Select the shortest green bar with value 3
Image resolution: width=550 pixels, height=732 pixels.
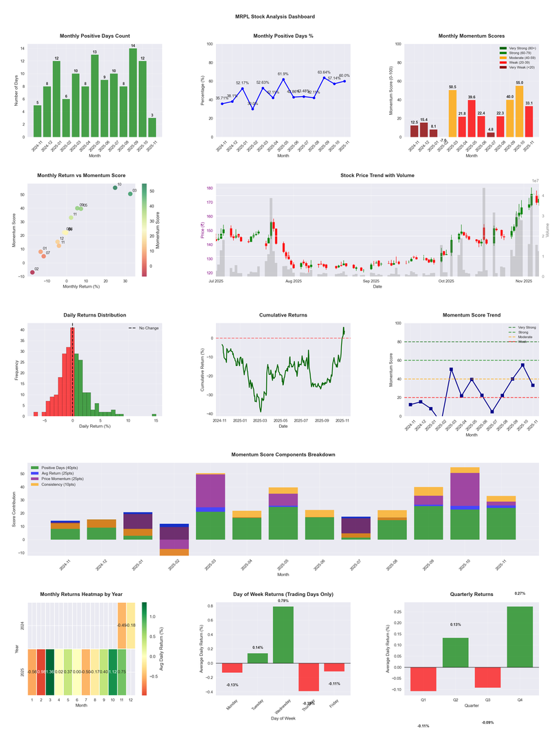152,128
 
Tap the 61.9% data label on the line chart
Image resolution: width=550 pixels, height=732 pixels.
283,73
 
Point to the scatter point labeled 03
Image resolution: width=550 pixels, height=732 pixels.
130,194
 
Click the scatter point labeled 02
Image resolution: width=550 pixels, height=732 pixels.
32,273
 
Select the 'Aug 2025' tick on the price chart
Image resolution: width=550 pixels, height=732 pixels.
294,281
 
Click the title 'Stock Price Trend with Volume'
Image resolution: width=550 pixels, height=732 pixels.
372,176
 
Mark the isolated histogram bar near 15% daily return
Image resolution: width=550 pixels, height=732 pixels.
154,415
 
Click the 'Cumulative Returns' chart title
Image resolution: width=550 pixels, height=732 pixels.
283,314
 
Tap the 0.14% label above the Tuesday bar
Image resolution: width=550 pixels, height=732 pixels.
257,648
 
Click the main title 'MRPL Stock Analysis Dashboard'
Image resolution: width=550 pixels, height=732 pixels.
274,16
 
